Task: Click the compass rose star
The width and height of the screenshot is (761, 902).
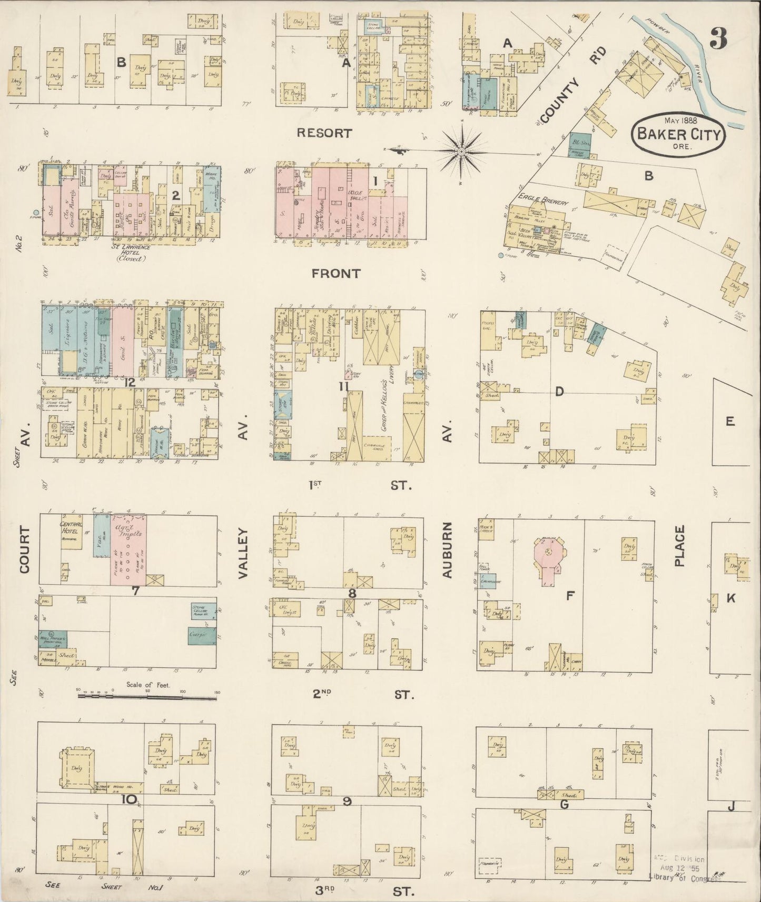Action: pos(461,151)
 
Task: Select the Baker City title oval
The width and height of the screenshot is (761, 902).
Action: pos(679,133)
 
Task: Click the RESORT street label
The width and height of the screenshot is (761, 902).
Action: pos(324,133)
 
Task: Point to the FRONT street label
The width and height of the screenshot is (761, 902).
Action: pos(336,273)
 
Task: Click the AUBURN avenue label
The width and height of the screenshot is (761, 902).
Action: pos(448,550)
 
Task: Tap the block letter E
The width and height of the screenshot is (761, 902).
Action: pos(729,421)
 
